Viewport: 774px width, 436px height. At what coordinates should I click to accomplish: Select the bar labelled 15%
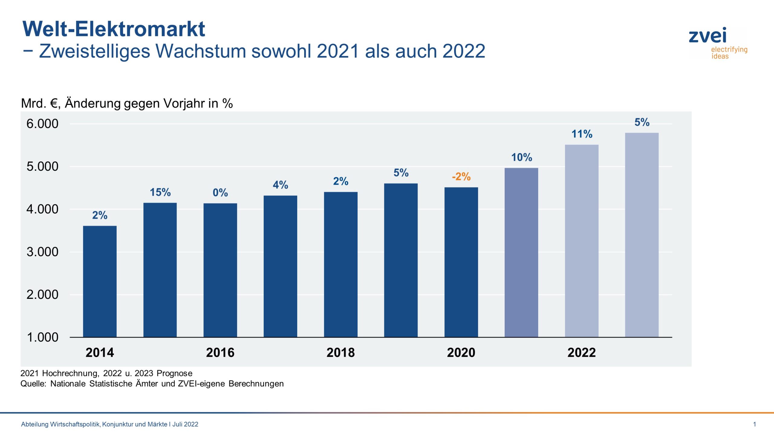click(x=160, y=269)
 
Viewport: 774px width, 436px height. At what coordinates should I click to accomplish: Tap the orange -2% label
click(x=461, y=177)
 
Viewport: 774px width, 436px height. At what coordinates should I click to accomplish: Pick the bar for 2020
click(x=461, y=262)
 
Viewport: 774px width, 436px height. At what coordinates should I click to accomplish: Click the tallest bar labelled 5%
click(x=642, y=235)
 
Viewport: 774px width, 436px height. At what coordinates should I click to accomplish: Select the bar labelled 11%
click(x=581, y=241)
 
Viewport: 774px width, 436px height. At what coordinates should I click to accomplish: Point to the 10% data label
click(x=522, y=157)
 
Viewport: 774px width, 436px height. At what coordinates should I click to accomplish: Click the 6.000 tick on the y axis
click(x=42, y=124)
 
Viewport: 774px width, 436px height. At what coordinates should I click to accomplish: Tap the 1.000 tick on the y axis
click(x=42, y=337)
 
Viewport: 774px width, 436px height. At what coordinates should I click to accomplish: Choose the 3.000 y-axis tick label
click(x=42, y=252)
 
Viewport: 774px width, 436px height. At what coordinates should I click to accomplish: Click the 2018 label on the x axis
click(x=340, y=353)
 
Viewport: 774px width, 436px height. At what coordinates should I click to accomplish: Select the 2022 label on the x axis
click(x=581, y=353)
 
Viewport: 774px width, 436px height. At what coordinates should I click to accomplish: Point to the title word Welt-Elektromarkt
click(x=114, y=29)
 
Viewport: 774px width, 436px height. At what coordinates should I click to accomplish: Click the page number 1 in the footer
click(x=755, y=424)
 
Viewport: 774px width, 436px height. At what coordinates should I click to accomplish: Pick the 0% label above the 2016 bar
click(x=220, y=193)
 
